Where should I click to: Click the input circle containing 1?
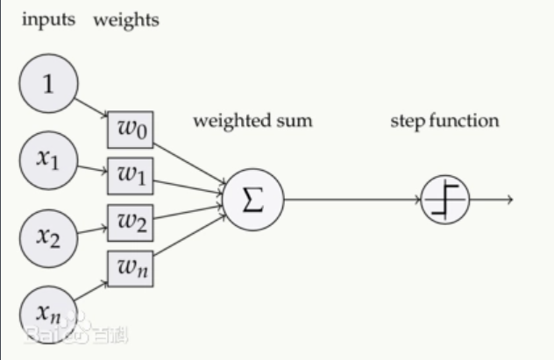pyautogui.click(x=49, y=83)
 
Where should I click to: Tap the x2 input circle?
pyautogui.click(x=49, y=234)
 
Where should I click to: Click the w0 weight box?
pyautogui.click(x=130, y=131)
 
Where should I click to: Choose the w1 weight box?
pyautogui.click(x=130, y=175)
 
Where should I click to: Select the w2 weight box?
pyautogui.click(x=130, y=222)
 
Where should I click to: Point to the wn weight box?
pyautogui.click(x=130, y=269)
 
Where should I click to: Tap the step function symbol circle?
pyautogui.click(x=445, y=201)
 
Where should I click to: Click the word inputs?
pyautogui.click(x=49, y=19)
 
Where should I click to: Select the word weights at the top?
pyautogui.click(x=126, y=19)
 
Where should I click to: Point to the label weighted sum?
pyautogui.click(x=252, y=120)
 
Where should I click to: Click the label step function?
pyautogui.click(x=444, y=120)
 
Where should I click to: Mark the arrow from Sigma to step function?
pyautogui.click(x=351, y=200)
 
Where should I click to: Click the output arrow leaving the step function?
pyautogui.click(x=491, y=201)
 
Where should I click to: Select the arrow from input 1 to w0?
pyautogui.click(x=92, y=108)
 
